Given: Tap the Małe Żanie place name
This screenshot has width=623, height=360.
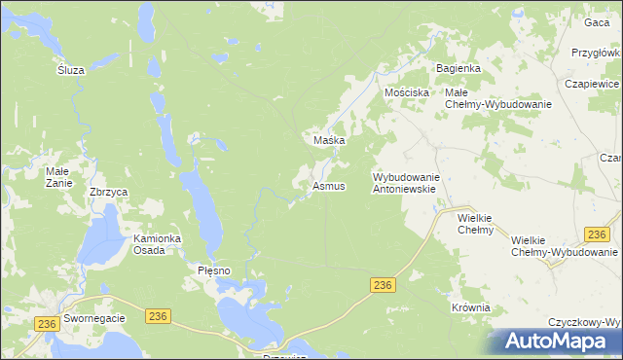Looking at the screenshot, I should pyautogui.click(x=56, y=176).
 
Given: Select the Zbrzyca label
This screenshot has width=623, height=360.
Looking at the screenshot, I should pyautogui.click(x=109, y=193).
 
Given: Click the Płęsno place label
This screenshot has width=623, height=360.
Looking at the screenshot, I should pyautogui.click(x=213, y=270).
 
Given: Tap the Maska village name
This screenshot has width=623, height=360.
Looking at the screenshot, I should pyautogui.click(x=331, y=140).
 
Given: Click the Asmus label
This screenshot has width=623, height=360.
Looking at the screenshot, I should pyautogui.click(x=329, y=186).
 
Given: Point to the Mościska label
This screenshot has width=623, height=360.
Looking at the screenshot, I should pyautogui.click(x=407, y=92).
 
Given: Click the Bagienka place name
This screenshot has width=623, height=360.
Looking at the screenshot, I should pyautogui.click(x=458, y=68).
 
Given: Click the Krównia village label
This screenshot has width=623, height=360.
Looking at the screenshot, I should pyautogui.click(x=471, y=307).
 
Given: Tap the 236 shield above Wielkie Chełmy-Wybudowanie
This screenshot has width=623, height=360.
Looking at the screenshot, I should pyautogui.click(x=598, y=234).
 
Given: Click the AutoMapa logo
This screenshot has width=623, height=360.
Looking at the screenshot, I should pyautogui.click(x=558, y=341).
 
